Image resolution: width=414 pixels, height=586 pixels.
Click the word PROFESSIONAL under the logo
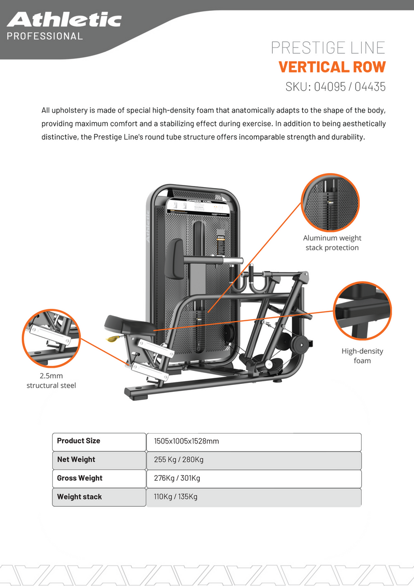pyautogui.click(x=45, y=36)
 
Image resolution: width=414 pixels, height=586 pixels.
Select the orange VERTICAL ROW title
pyautogui.click(x=332, y=67)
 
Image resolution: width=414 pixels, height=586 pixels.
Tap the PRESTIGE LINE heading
pyautogui.click(x=328, y=48)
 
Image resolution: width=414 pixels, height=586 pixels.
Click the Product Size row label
pyautogui.click(x=79, y=441)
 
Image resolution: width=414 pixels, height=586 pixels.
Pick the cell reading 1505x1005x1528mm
pyautogui.click(x=187, y=441)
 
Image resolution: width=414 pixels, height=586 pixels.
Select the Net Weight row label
pyautogui.click(x=76, y=460)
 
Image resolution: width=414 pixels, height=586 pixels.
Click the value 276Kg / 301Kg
pyautogui.click(x=177, y=478)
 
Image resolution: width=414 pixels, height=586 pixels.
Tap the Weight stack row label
pyautogui.click(x=79, y=497)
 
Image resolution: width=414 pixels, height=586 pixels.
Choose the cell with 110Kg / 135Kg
pyautogui.click(x=176, y=497)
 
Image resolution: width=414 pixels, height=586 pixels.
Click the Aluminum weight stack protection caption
pyautogui.click(x=332, y=242)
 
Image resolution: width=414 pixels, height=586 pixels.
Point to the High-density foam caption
pyautogui.click(x=362, y=355)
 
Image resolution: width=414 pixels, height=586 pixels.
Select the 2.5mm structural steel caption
pyautogui.click(x=51, y=380)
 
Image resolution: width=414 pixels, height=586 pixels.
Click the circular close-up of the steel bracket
pyautogui.click(x=51, y=337)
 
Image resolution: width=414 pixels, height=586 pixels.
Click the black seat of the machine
pyautogui.click(x=128, y=324)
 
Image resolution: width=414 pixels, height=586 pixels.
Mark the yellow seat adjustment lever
pyautogui.click(x=111, y=339)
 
